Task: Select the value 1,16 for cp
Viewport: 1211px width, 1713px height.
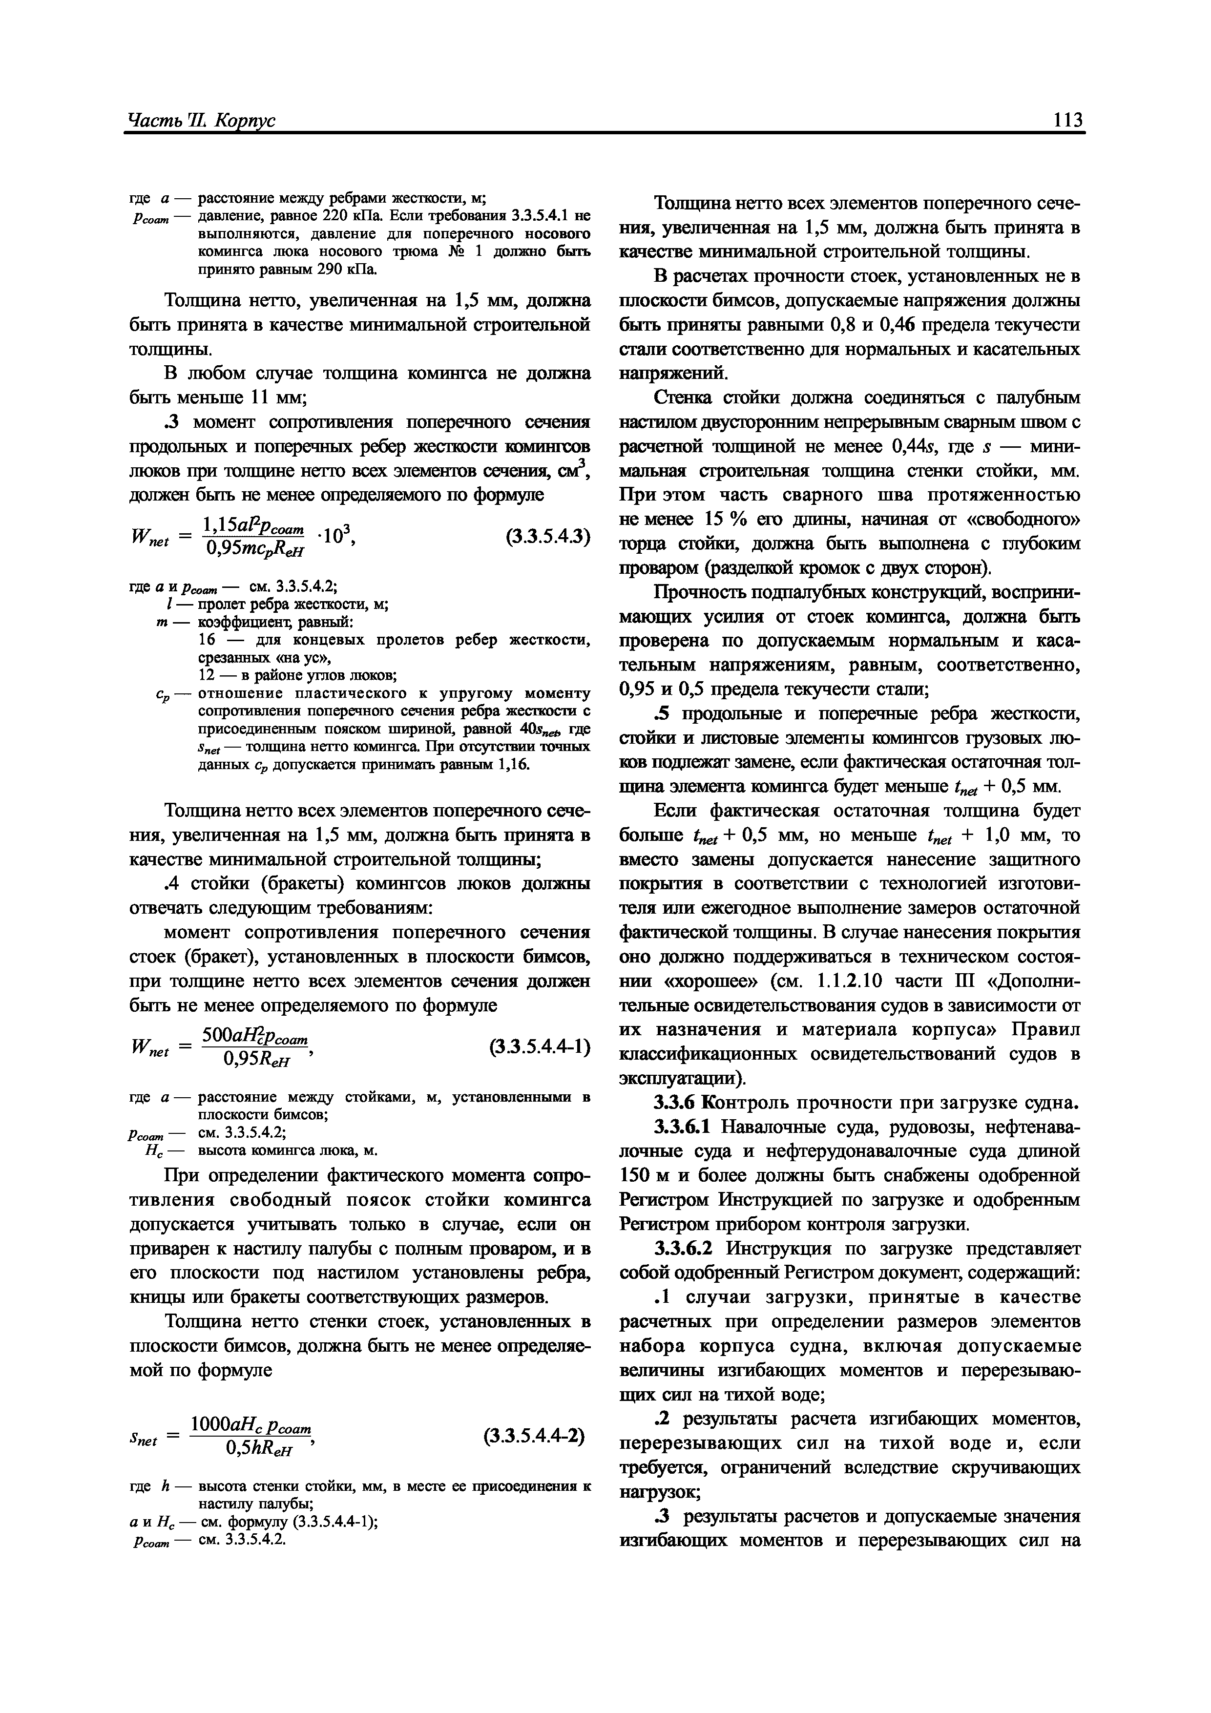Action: click(x=514, y=765)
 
